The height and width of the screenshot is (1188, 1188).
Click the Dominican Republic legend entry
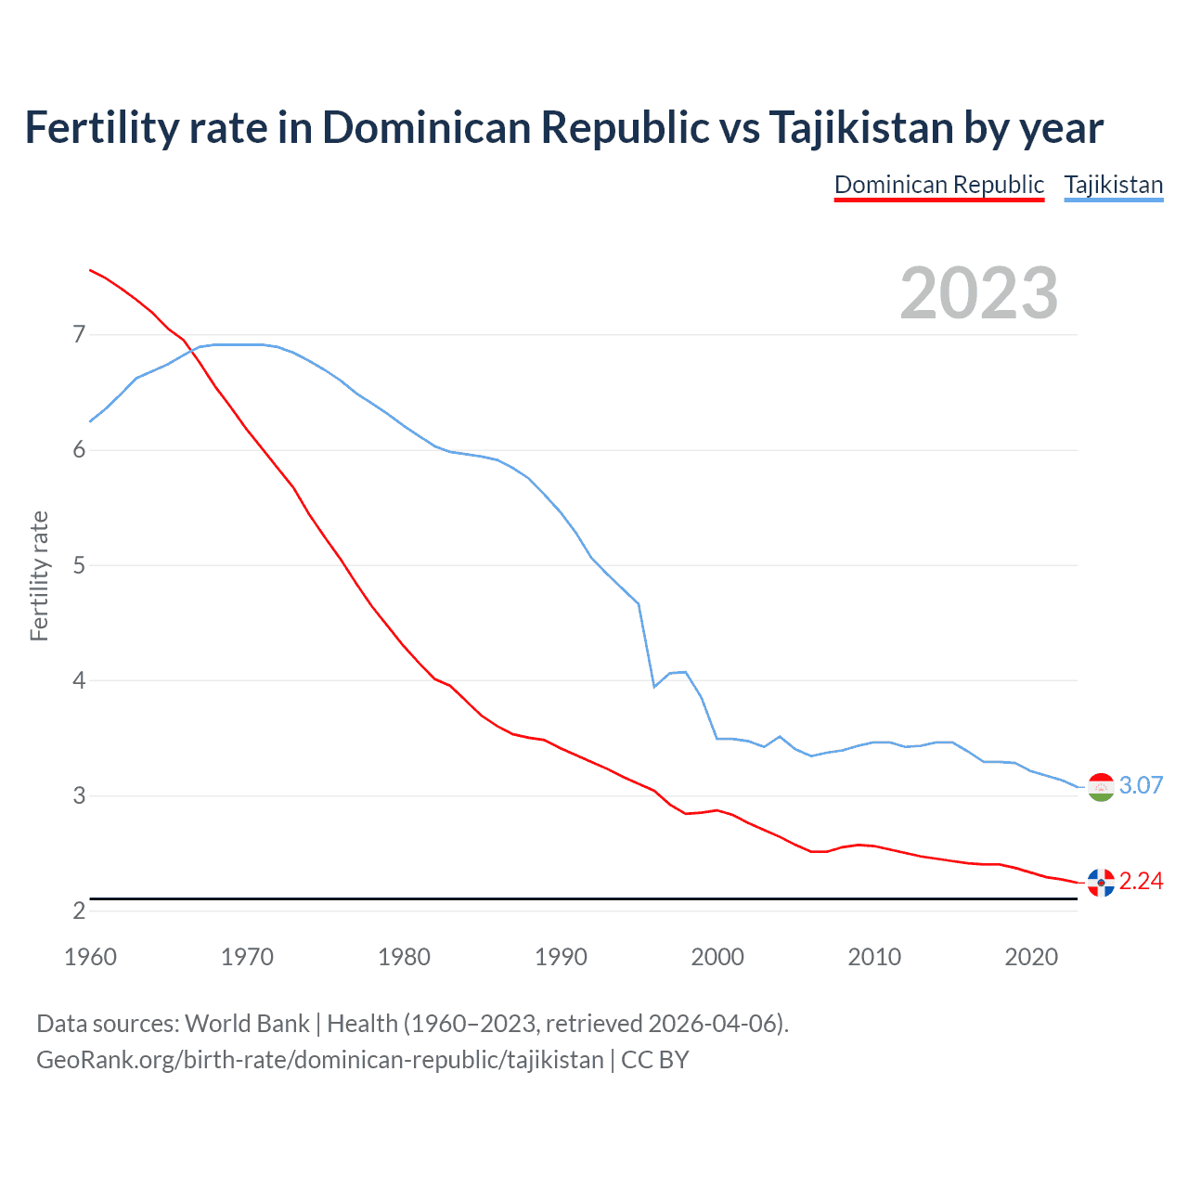coord(939,185)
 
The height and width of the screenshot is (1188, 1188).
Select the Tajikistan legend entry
coord(1113,185)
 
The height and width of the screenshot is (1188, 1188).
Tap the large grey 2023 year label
coord(978,293)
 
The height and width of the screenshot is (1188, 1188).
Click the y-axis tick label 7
coord(79,334)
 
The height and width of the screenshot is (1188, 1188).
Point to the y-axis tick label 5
coord(79,565)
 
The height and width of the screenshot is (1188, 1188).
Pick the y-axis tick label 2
coord(79,911)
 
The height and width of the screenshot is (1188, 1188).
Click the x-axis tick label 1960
coord(90,957)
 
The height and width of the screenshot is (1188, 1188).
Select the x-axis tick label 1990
coord(561,957)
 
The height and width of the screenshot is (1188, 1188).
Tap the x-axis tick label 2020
coord(1031,957)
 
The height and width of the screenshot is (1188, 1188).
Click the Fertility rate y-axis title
coord(39,575)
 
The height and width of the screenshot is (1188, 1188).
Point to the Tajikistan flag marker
coord(1101,786)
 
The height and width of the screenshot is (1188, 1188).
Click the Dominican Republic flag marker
coord(1101,883)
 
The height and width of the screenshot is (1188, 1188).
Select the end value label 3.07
coord(1141,785)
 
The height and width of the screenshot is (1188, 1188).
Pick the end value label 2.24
coord(1141,882)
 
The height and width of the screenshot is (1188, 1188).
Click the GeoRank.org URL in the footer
coord(320,1060)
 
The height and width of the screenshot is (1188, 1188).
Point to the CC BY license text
coord(654,1060)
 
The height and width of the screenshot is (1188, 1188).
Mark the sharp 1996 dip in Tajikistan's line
coord(654,686)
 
